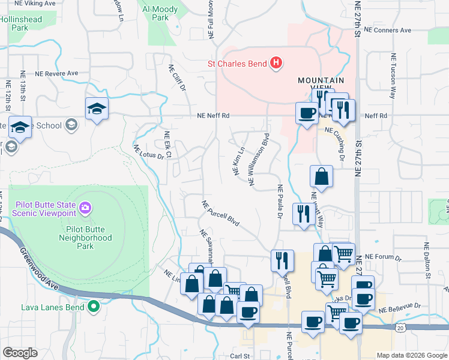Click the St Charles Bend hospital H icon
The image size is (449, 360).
pyautogui.click(x=276, y=62)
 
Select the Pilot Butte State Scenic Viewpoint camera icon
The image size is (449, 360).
pyautogui.click(x=86, y=208)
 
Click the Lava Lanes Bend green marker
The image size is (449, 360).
pyautogui.click(x=93, y=307)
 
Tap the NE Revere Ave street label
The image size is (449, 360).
pyautogui.click(x=56, y=73)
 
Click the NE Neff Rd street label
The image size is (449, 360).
pyautogui.click(x=214, y=116)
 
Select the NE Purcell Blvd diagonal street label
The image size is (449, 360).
pyautogui.click(x=221, y=214)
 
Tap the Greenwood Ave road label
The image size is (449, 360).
pyautogui.click(x=39, y=270)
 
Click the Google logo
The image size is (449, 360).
pyautogui.click(x=20, y=353)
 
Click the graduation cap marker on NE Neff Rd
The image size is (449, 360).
pyautogui.click(x=97, y=109)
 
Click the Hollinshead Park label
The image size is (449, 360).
pyautogui.click(x=22, y=23)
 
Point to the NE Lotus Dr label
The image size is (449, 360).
pyautogui.click(x=148, y=152)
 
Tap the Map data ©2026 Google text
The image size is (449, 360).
pyautogui.click(x=412, y=355)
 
